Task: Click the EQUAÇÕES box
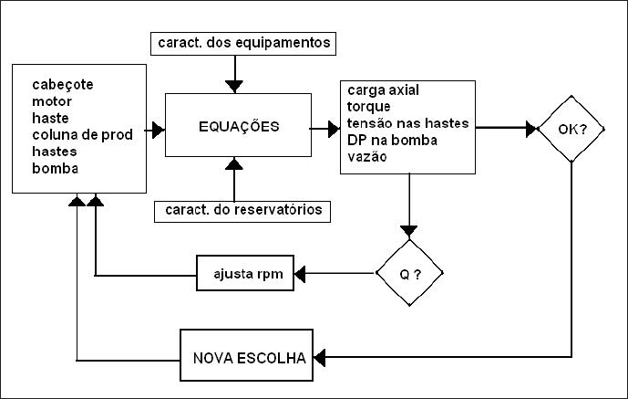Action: (238, 125)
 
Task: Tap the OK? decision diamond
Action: (571, 129)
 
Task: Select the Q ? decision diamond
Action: (409, 273)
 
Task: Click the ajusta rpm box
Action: (245, 273)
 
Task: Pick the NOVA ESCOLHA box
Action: (246, 355)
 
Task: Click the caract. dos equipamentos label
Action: (243, 44)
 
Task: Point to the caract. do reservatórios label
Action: (242, 211)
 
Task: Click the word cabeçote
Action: (63, 85)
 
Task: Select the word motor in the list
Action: (52, 101)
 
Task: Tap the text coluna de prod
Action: (82, 135)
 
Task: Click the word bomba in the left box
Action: (55, 168)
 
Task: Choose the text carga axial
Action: (383, 90)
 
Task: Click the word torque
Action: (368, 107)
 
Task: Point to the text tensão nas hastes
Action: (407, 123)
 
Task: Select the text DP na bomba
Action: (392, 140)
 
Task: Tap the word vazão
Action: (367, 157)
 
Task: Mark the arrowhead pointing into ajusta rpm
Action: (300, 274)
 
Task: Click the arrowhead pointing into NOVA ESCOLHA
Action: (319, 358)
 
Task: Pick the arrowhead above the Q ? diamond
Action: (409, 231)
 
